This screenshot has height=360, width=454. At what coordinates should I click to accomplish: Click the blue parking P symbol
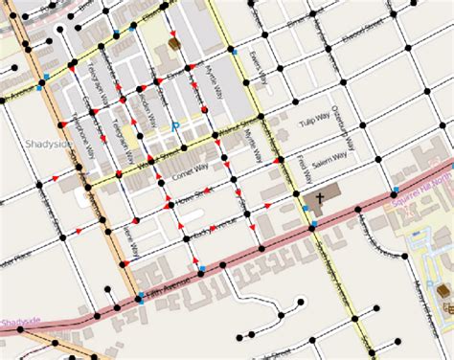click(175, 125)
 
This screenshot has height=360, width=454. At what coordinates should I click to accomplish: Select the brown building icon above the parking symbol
click(174, 44)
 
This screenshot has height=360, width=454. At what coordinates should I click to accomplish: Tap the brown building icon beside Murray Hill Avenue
click(443, 290)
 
